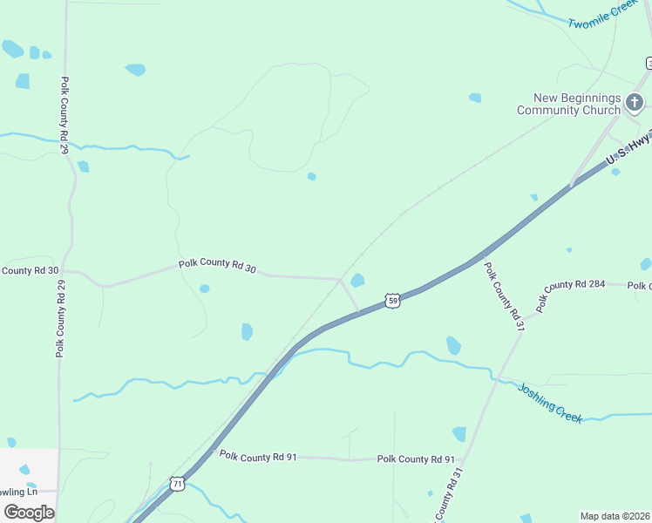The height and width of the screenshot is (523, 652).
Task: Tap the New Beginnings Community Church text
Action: [x=568, y=104]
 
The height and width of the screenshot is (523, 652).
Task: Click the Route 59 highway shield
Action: [x=394, y=301]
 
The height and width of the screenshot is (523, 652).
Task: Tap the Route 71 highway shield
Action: [x=177, y=483]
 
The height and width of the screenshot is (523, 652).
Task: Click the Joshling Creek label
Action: [x=550, y=403]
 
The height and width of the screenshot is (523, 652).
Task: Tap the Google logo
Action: [x=29, y=512]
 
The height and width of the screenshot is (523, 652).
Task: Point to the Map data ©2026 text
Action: [x=615, y=516]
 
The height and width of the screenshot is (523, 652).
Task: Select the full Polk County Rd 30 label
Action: [x=217, y=266]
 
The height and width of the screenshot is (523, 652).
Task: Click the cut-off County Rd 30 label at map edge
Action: [x=29, y=271]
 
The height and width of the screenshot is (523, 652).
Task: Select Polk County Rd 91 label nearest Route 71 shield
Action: [x=259, y=456]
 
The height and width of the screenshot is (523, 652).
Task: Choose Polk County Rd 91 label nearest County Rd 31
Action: [x=416, y=459]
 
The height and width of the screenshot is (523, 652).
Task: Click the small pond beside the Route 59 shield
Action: [x=357, y=280]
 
